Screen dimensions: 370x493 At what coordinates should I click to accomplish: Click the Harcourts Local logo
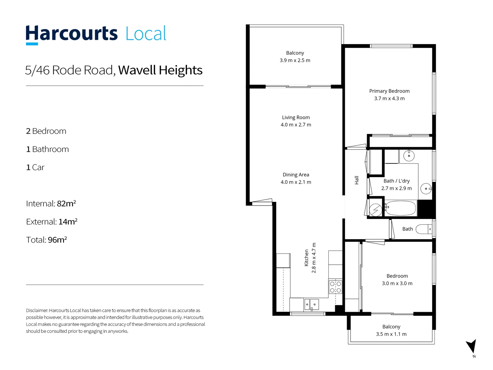pos(96,34)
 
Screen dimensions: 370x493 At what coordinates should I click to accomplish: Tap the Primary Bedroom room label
pos(389,91)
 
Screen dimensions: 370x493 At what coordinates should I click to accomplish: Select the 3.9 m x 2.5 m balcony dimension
pos(295,60)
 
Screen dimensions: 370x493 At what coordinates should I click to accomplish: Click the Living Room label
pos(296,118)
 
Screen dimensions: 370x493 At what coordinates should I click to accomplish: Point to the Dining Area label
pos(296,175)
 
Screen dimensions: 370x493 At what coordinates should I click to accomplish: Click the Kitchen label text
pos(306,258)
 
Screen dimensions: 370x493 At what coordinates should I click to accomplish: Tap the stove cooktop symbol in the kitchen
pos(336,287)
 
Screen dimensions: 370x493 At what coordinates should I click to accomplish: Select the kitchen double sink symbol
pos(312,304)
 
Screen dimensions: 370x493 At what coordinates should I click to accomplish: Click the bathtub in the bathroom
pos(401,208)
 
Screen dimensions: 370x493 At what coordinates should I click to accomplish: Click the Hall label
pos(356,180)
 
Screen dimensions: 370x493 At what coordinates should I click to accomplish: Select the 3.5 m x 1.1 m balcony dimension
pos(391,334)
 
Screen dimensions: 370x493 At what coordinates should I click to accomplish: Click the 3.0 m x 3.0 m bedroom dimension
pos(397,283)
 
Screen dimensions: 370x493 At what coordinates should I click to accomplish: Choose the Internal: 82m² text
pos(51,204)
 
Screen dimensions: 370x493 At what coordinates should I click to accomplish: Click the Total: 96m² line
pos(47,240)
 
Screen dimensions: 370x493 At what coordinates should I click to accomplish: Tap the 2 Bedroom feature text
pos(46,131)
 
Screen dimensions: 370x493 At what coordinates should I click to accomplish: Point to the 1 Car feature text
pos(35,168)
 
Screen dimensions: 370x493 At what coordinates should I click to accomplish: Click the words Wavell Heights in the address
pos(160,70)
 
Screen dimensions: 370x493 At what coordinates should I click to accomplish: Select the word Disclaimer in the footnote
pos(37,310)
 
